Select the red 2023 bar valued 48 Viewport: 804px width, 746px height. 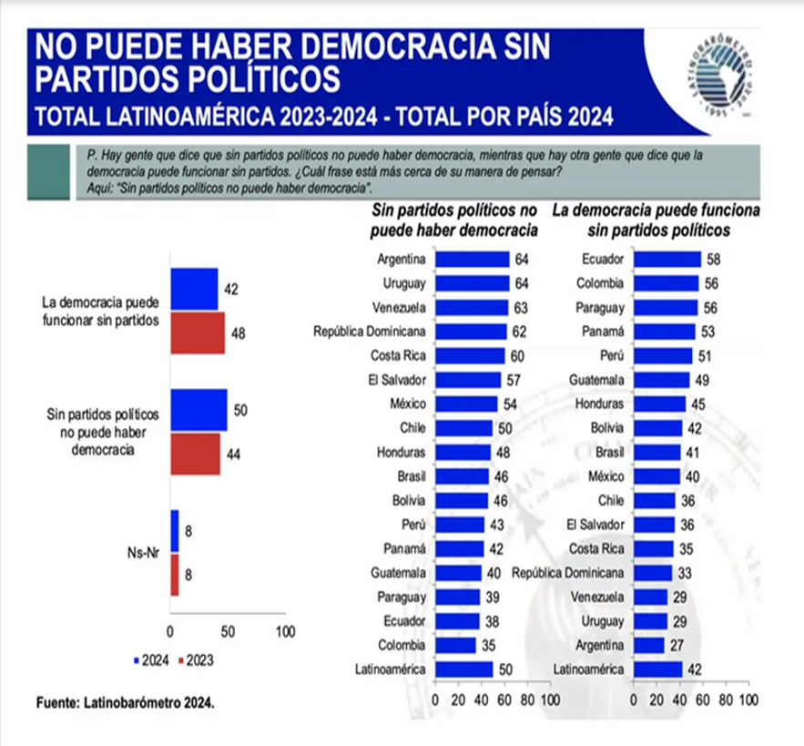pyautogui.click(x=197, y=332)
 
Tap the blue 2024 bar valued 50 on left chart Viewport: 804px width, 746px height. pyautogui.click(x=198, y=410)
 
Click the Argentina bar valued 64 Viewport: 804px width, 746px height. pyautogui.click(x=472, y=260)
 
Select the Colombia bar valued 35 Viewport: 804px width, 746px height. pyautogui.click(x=455, y=645)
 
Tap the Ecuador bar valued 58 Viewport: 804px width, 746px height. pyautogui.click(x=667, y=260)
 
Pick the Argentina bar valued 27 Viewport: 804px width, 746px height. pyautogui.click(x=648, y=645)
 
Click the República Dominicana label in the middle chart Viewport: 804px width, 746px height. pyautogui.click(x=371, y=331)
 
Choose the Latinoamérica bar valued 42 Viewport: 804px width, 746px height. pyautogui.click(x=657, y=669)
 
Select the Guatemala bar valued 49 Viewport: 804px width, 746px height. pyautogui.click(x=661, y=379)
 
